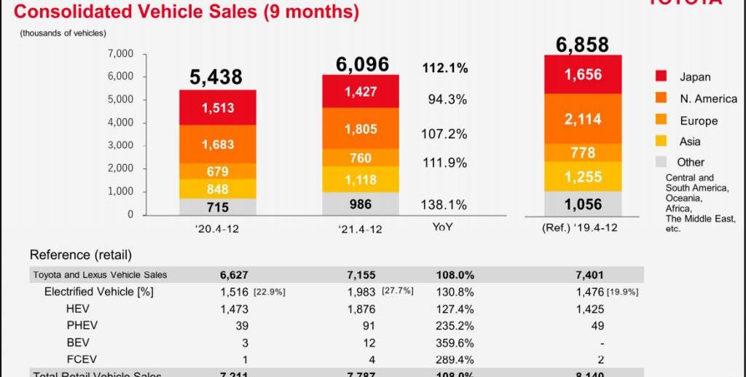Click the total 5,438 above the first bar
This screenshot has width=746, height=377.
tap(216, 77)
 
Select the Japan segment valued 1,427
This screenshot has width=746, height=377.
tap(361, 91)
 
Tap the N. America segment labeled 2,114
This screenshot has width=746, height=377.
tap(583, 119)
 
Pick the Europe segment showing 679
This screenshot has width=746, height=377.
tap(217, 171)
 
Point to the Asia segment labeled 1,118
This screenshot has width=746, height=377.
tap(361, 179)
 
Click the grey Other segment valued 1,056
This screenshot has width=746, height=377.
tap(583, 204)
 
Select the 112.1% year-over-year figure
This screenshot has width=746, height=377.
tap(444, 68)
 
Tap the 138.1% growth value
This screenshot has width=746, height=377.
tap(444, 205)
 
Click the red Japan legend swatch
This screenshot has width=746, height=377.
tap(661, 77)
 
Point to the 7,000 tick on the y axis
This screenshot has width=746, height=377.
tap(120, 53)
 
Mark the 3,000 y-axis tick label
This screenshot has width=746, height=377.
tap(120, 145)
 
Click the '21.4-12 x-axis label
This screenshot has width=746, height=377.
tap(361, 228)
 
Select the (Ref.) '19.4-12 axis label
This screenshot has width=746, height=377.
tap(580, 228)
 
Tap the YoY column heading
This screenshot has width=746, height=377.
tap(443, 227)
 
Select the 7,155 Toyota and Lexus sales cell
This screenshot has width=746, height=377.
tap(361, 275)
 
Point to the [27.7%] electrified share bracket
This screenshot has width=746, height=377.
tap(397, 291)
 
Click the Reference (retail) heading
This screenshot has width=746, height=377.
tap(80, 255)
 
